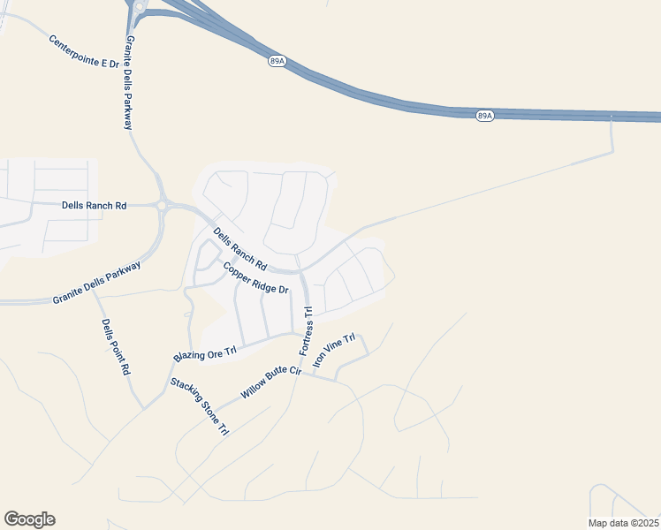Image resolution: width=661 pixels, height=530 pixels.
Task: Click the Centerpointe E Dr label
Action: (x=84, y=52)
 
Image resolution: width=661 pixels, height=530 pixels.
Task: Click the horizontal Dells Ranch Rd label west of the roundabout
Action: (x=95, y=205)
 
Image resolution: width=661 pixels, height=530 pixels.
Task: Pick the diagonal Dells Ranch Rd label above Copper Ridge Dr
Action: (x=240, y=248)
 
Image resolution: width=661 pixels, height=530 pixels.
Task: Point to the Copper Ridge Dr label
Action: (x=256, y=278)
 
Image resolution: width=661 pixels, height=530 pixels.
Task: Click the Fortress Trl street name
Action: (x=307, y=330)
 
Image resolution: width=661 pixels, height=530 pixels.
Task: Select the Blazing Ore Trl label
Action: (x=206, y=354)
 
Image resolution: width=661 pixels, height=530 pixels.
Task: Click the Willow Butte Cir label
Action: (x=271, y=383)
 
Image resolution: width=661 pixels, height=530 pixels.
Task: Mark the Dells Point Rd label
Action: (x=116, y=347)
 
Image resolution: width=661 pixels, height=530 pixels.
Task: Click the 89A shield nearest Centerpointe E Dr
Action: (x=276, y=61)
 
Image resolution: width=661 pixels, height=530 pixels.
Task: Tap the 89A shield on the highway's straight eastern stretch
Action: (x=484, y=116)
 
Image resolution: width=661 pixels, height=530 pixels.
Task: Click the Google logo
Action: (x=29, y=519)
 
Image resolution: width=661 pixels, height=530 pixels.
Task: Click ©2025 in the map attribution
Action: (x=643, y=523)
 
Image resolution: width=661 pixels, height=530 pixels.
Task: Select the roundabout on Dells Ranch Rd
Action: (x=162, y=206)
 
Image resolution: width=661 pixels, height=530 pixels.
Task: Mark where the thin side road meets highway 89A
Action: (x=612, y=118)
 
